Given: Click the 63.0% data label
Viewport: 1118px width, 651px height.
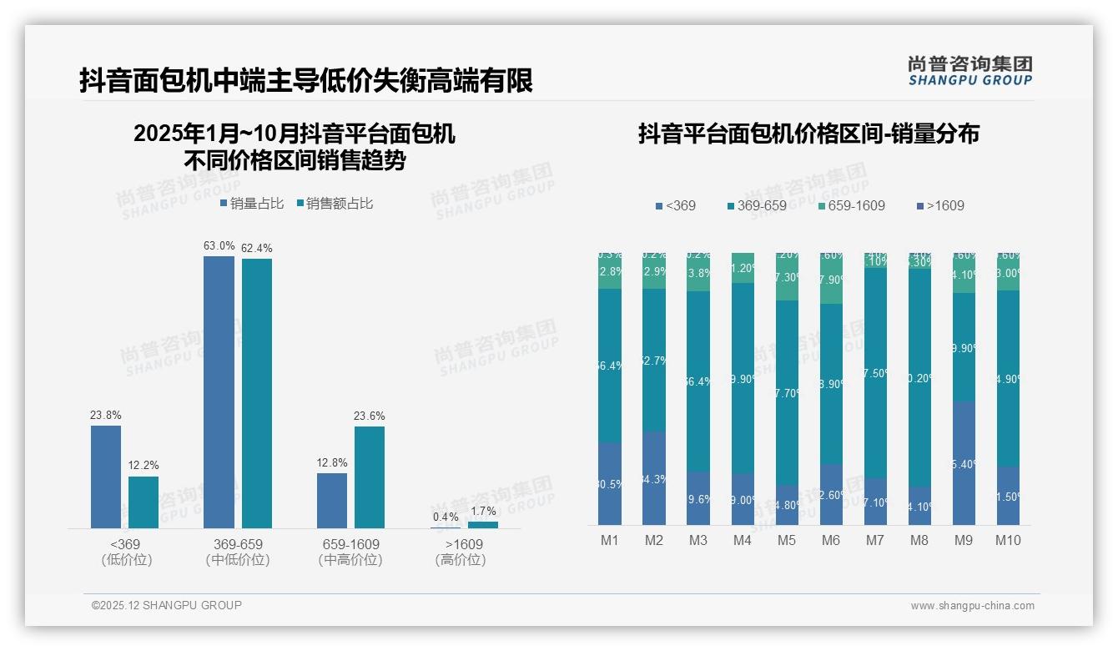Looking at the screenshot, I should tap(219, 246).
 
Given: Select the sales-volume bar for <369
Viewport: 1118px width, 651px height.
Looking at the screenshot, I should tap(106, 477).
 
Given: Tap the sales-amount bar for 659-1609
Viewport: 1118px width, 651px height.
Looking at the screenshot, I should tap(370, 477).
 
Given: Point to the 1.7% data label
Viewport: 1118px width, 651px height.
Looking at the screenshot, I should tap(482, 511).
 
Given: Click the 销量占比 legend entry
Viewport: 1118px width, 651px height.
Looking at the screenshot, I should tap(252, 204).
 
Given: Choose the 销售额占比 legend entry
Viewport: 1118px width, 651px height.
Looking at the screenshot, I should tap(335, 204).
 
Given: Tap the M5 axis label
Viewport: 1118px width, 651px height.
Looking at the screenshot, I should tap(787, 540).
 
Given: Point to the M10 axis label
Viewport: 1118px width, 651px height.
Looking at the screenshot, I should tap(1008, 540).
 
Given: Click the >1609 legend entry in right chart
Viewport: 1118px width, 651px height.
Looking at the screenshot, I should tap(940, 205).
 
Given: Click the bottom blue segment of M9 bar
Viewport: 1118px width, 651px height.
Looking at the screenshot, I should tap(964, 463).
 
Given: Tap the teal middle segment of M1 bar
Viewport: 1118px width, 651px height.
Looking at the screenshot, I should tap(610, 366).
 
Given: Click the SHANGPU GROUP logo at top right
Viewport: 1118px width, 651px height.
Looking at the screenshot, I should tap(970, 71).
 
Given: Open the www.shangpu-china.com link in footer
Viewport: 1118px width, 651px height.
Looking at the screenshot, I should tap(972, 606).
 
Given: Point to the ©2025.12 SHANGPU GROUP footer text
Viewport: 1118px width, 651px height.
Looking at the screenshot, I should tap(167, 605).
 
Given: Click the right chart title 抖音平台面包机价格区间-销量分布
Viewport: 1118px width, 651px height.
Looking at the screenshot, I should tap(808, 134).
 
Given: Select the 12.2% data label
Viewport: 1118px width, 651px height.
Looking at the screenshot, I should tap(144, 466).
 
